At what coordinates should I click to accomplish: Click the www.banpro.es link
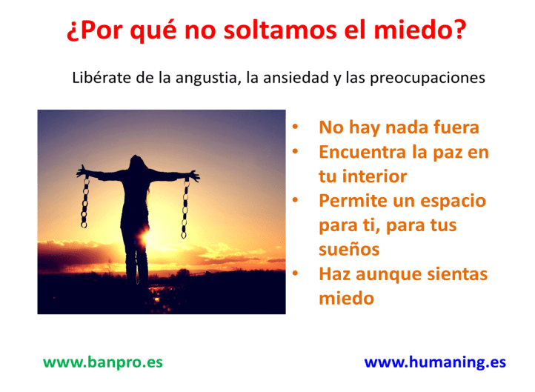pyautogui.click(x=102, y=362)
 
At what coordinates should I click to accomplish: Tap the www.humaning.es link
pyautogui.click(x=435, y=362)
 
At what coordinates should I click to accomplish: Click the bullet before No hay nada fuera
pyautogui.click(x=295, y=127)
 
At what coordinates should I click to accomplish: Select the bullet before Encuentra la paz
pyautogui.click(x=295, y=153)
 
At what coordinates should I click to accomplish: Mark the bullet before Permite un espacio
pyautogui.click(x=295, y=201)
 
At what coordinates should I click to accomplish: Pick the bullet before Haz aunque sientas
pyautogui.click(x=295, y=274)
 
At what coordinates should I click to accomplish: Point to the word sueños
pyautogui.click(x=349, y=249)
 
